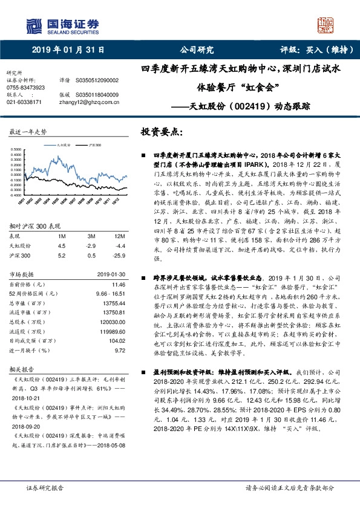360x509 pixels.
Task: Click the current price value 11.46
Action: click(x=119, y=284)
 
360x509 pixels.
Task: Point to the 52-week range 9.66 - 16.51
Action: click(x=111, y=292)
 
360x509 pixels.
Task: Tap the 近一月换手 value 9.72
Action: click(x=120, y=349)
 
